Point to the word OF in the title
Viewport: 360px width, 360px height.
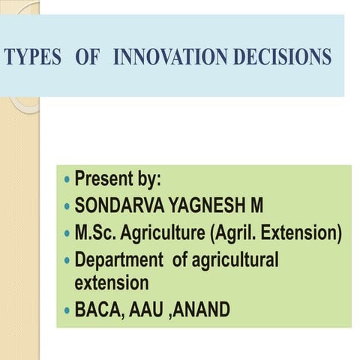click(x=88, y=58)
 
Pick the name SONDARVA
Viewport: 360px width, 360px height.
click(x=118, y=206)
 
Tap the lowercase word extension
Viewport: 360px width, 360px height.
click(x=112, y=283)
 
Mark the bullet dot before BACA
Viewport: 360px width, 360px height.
click(x=68, y=310)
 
